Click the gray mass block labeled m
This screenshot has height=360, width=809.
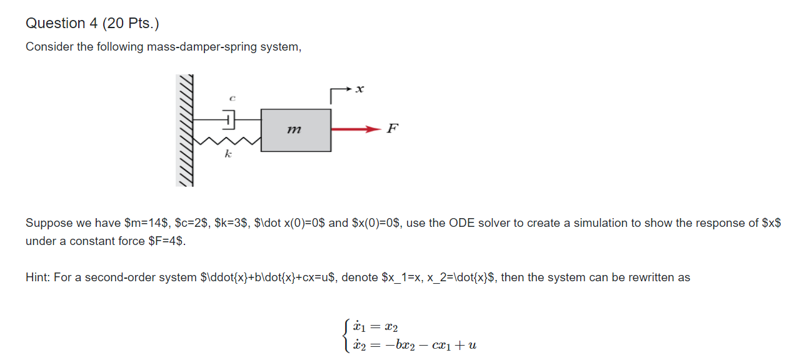click(296, 130)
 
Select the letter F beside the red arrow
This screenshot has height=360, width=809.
click(392, 129)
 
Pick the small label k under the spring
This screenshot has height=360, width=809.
click(228, 154)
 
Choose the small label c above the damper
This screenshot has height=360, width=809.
click(231, 98)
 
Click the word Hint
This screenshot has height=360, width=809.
click(38, 277)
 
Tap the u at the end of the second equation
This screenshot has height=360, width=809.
click(472, 345)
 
